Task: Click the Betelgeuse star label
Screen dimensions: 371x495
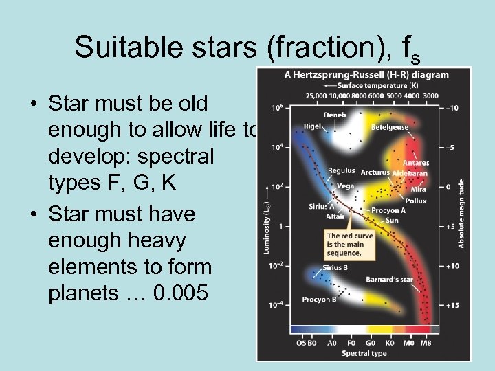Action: click(x=389, y=127)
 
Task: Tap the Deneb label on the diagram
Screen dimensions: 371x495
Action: click(x=335, y=115)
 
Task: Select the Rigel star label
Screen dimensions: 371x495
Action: click(x=313, y=126)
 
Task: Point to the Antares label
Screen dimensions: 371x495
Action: click(x=416, y=163)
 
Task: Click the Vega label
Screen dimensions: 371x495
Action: click(x=345, y=185)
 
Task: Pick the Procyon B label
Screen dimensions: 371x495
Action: click(x=319, y=300)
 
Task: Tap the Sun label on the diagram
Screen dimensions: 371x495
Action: click(x=391, y=220)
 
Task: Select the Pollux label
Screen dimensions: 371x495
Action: click(x=415, y=201)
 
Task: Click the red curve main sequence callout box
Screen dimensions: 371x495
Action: click(x=350, y=244)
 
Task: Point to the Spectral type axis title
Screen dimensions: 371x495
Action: click(x=364, y=353)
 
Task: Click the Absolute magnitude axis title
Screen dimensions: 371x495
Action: click(x=462, y=214)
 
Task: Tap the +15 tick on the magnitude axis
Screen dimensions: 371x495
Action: click(x=452, y=305)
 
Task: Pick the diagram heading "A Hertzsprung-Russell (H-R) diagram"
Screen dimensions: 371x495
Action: click(x=366, y=75)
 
